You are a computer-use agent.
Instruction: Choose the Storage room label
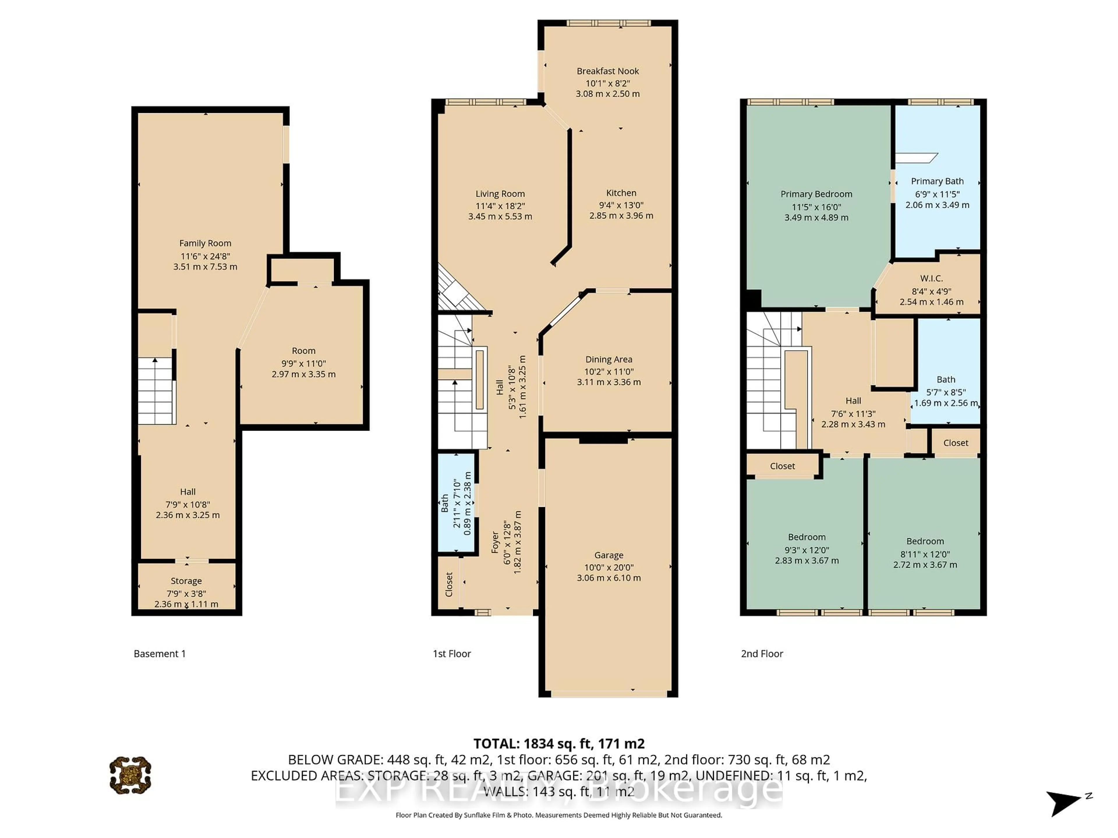186,581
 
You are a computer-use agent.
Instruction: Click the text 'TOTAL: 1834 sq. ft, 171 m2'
558,743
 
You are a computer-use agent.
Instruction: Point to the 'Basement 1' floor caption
160,654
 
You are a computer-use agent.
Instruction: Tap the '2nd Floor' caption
762,654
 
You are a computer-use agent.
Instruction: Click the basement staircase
156,390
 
